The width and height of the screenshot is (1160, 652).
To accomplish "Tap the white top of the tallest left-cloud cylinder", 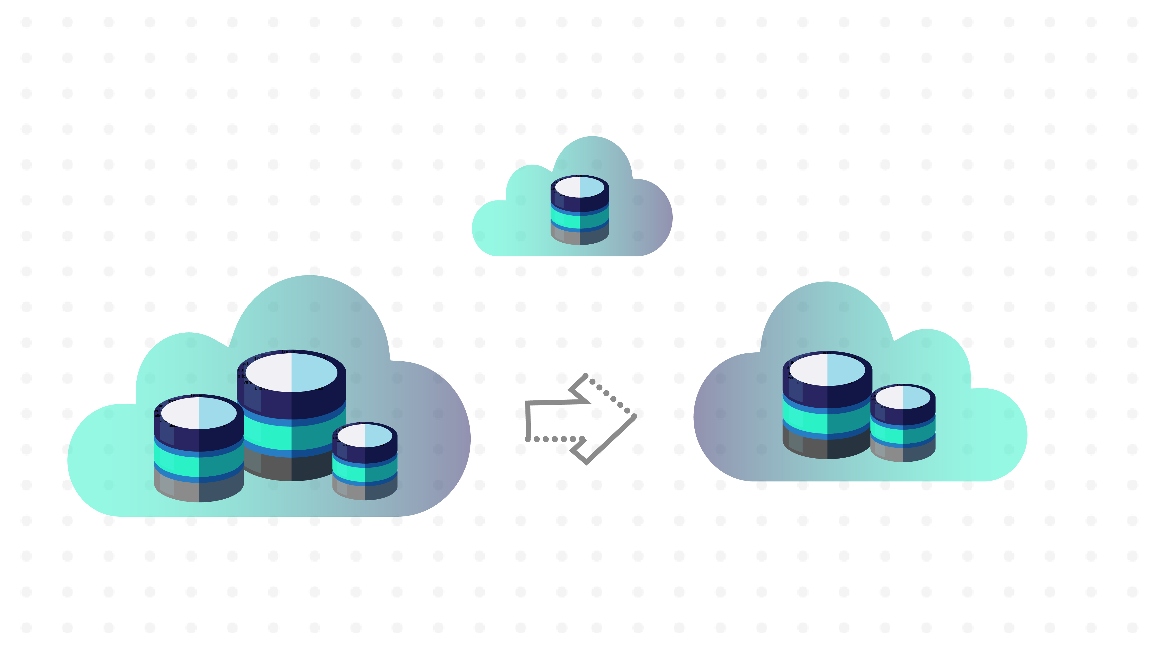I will [291, 373].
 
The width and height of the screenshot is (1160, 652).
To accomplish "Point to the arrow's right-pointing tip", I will [634, 416].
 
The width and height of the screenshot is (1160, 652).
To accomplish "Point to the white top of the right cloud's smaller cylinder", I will [903, 398].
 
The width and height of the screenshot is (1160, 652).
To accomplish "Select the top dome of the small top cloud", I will [592, 153].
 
